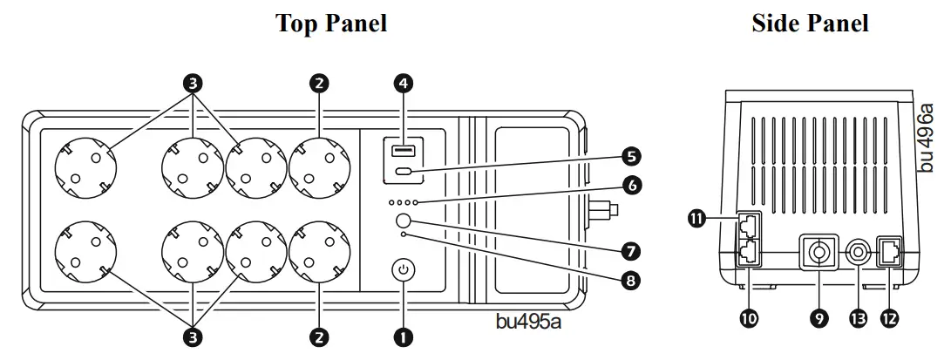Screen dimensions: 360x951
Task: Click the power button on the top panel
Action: [x=403, y=270]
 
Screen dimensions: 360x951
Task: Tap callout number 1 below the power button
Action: [x=403, y=335]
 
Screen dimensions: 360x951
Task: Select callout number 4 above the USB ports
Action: [x=403, y=84]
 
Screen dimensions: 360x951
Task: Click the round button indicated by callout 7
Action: [x=403, y=221]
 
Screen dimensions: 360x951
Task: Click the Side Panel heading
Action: [x=810, y=24]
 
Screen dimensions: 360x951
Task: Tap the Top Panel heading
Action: [x=331, y=24]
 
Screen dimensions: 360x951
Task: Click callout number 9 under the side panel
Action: [x=819, y=319]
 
